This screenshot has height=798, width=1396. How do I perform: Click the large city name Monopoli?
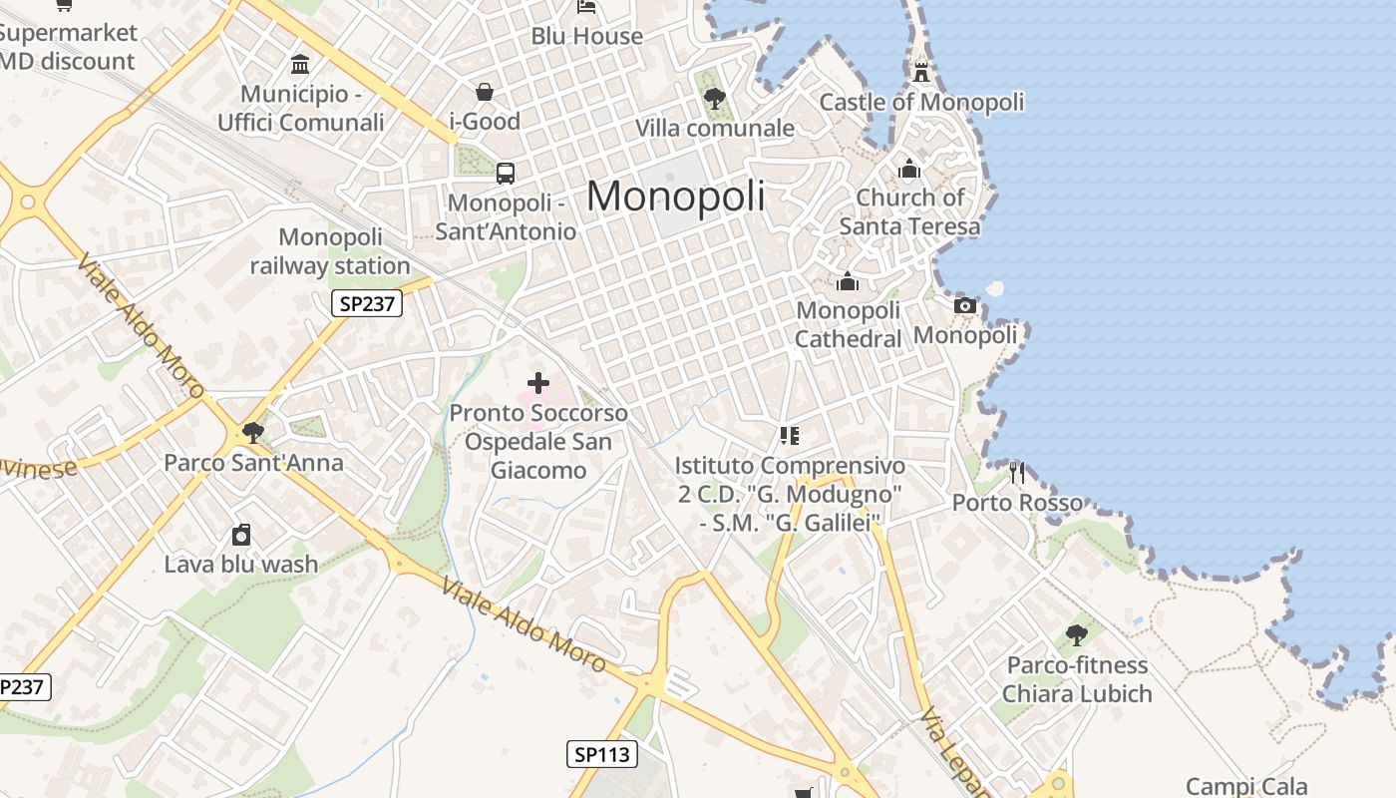675,196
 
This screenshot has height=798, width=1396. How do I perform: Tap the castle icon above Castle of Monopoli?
921,72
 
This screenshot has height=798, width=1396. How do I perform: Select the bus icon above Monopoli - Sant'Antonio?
506,173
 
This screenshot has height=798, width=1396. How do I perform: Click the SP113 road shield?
603,754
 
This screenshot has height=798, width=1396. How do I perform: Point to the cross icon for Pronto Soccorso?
538,382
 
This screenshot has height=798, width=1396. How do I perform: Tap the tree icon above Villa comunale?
714,98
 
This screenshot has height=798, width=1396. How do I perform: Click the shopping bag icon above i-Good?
485,92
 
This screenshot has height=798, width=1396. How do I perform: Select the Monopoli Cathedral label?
848,324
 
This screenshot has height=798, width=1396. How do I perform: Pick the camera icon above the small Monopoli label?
964,305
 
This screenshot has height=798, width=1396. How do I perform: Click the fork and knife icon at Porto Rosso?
1017,472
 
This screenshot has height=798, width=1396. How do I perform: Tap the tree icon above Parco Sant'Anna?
253,432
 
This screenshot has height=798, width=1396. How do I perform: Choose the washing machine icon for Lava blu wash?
241,535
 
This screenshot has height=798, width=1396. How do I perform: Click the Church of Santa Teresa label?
909,211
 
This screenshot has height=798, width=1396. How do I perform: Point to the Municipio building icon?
300,65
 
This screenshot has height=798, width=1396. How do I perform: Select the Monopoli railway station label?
330,251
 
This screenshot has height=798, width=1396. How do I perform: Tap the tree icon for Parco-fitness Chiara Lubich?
1077,633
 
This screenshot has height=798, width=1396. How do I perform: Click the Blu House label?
586,36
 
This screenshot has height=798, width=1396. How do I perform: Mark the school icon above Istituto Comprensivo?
789,435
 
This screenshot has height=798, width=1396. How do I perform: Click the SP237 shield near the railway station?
367,303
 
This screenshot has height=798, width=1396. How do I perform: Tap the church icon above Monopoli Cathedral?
848,282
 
